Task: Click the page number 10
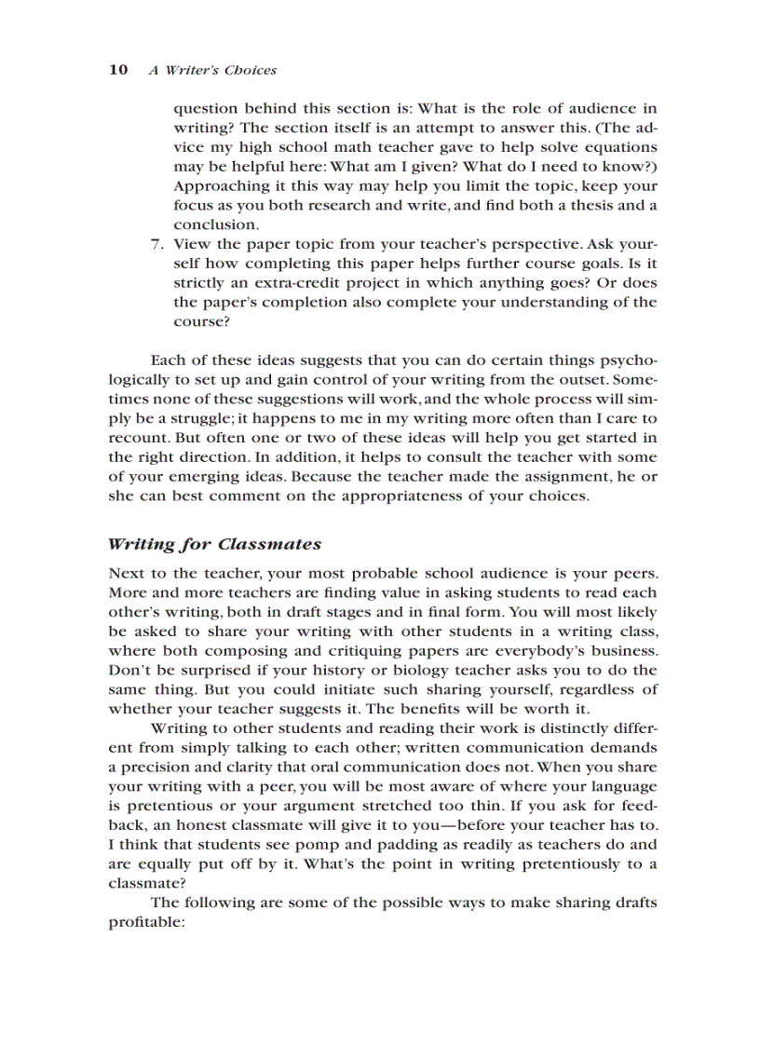(x=118, y=70)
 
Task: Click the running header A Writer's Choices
(x=212, y=70)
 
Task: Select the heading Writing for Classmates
(x=214, y=544)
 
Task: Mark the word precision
(x=156, y=767)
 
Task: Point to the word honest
(x=210, y=824)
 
